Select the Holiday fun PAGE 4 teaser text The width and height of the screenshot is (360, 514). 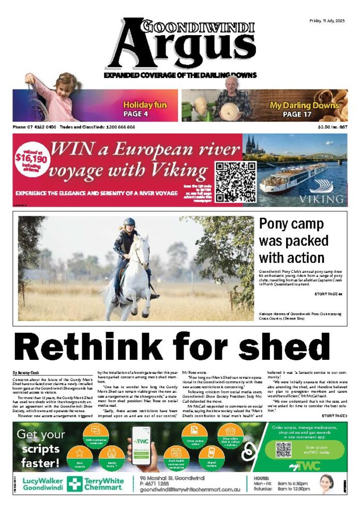click(x=145, y=109)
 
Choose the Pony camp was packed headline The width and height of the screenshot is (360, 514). click(x=294, y=241)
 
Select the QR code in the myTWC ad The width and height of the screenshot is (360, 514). click(x=283, y=449)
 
